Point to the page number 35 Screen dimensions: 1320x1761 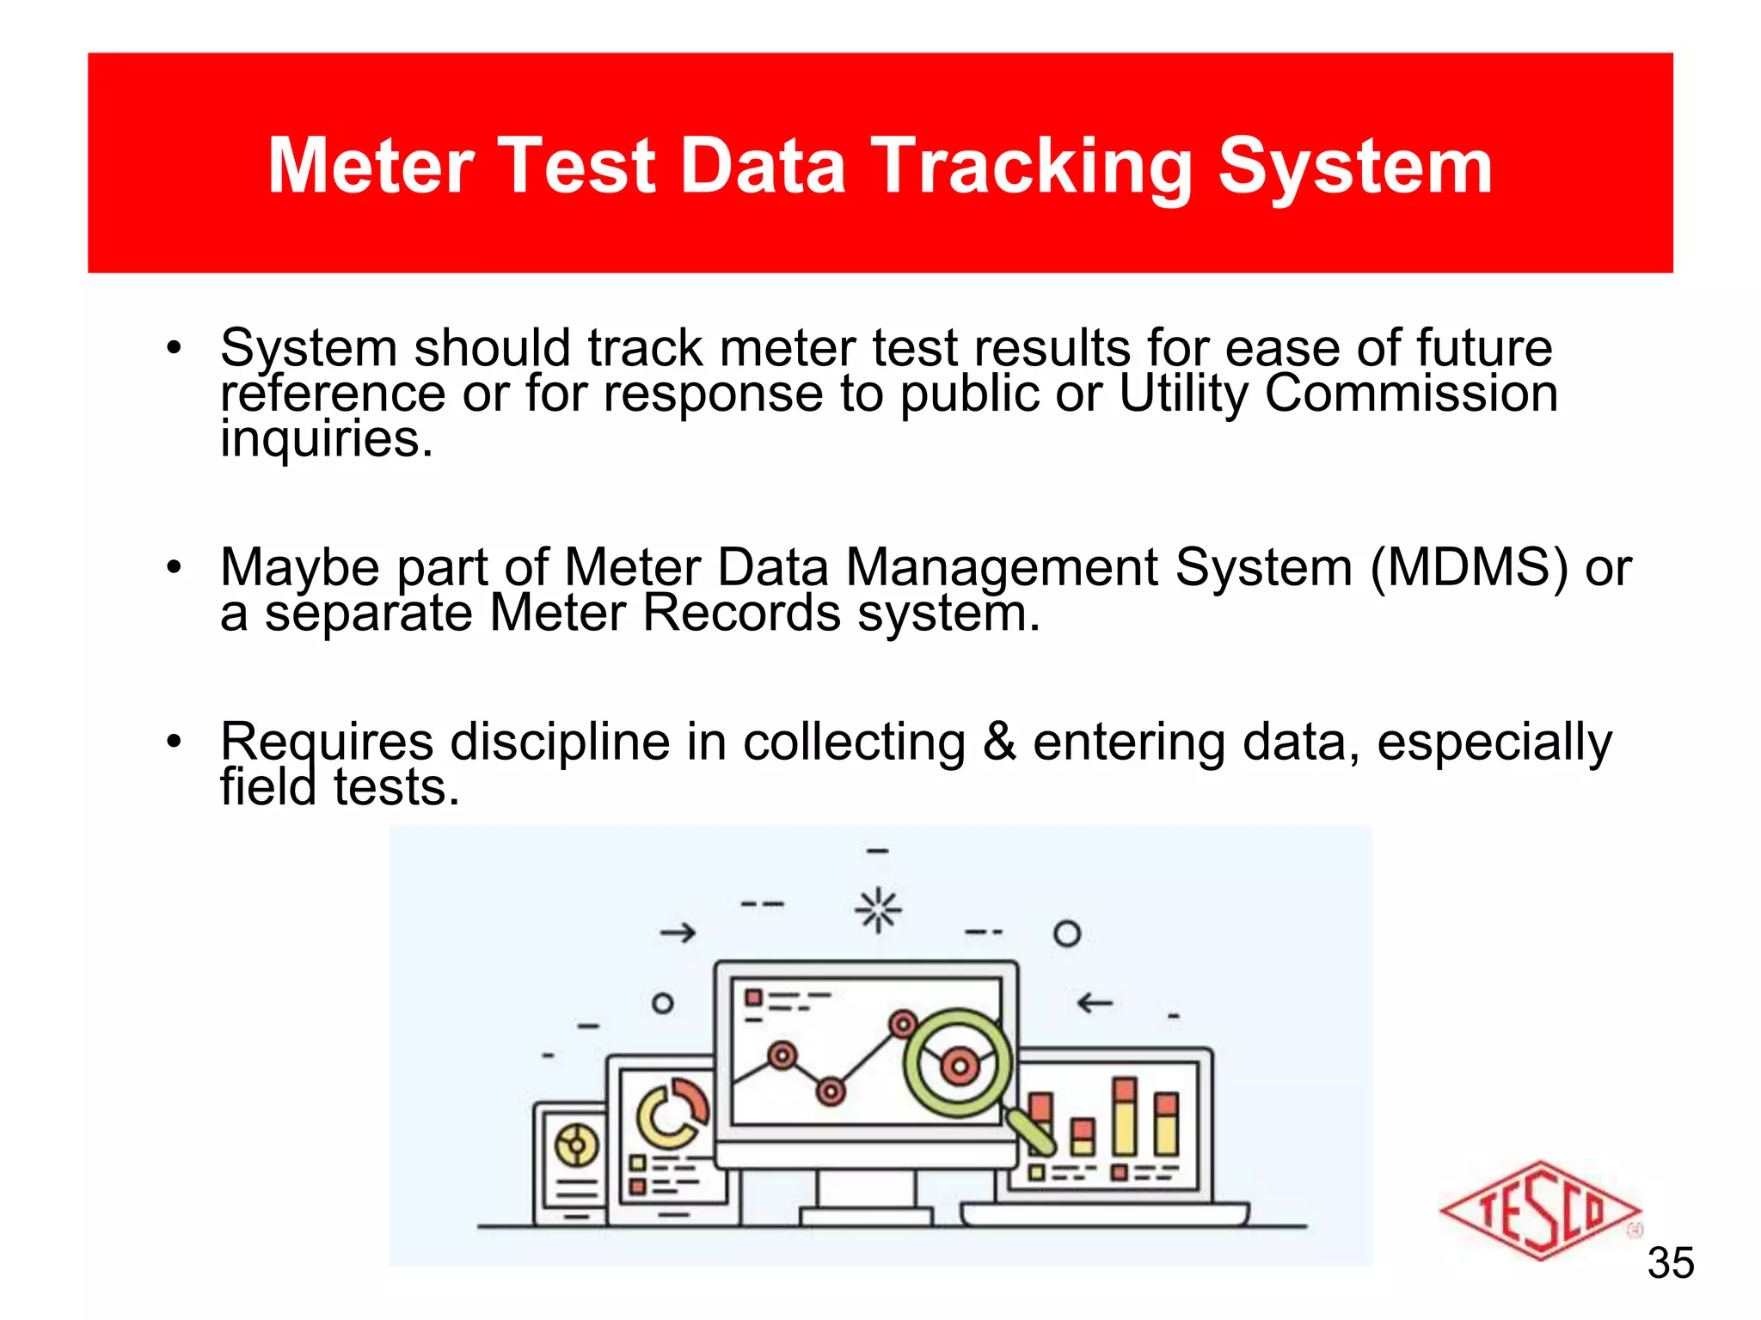(x=1670, y=1263)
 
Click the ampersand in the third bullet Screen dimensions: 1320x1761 (x=998, y=742)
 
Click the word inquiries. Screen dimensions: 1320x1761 (x=325, y=439)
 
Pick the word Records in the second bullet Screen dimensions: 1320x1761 (x=741, y=614)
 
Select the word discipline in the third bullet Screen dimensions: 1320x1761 (x=560, y=742)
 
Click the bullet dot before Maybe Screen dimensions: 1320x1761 (x=175, y=568)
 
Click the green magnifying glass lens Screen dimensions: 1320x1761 (x=957, y=1064)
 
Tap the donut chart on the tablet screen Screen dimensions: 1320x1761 (x=672, y=1114)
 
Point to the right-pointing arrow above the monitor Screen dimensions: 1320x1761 (x=678, y=932)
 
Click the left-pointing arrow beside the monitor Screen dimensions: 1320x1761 (x=1095, y=1002)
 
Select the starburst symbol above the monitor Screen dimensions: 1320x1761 (x=878, y=909)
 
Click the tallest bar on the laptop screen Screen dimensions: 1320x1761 (x=1124, y=1116)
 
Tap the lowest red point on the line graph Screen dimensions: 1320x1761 (x=831, y=1091)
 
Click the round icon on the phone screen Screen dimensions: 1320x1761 (x=576, y=1145)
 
